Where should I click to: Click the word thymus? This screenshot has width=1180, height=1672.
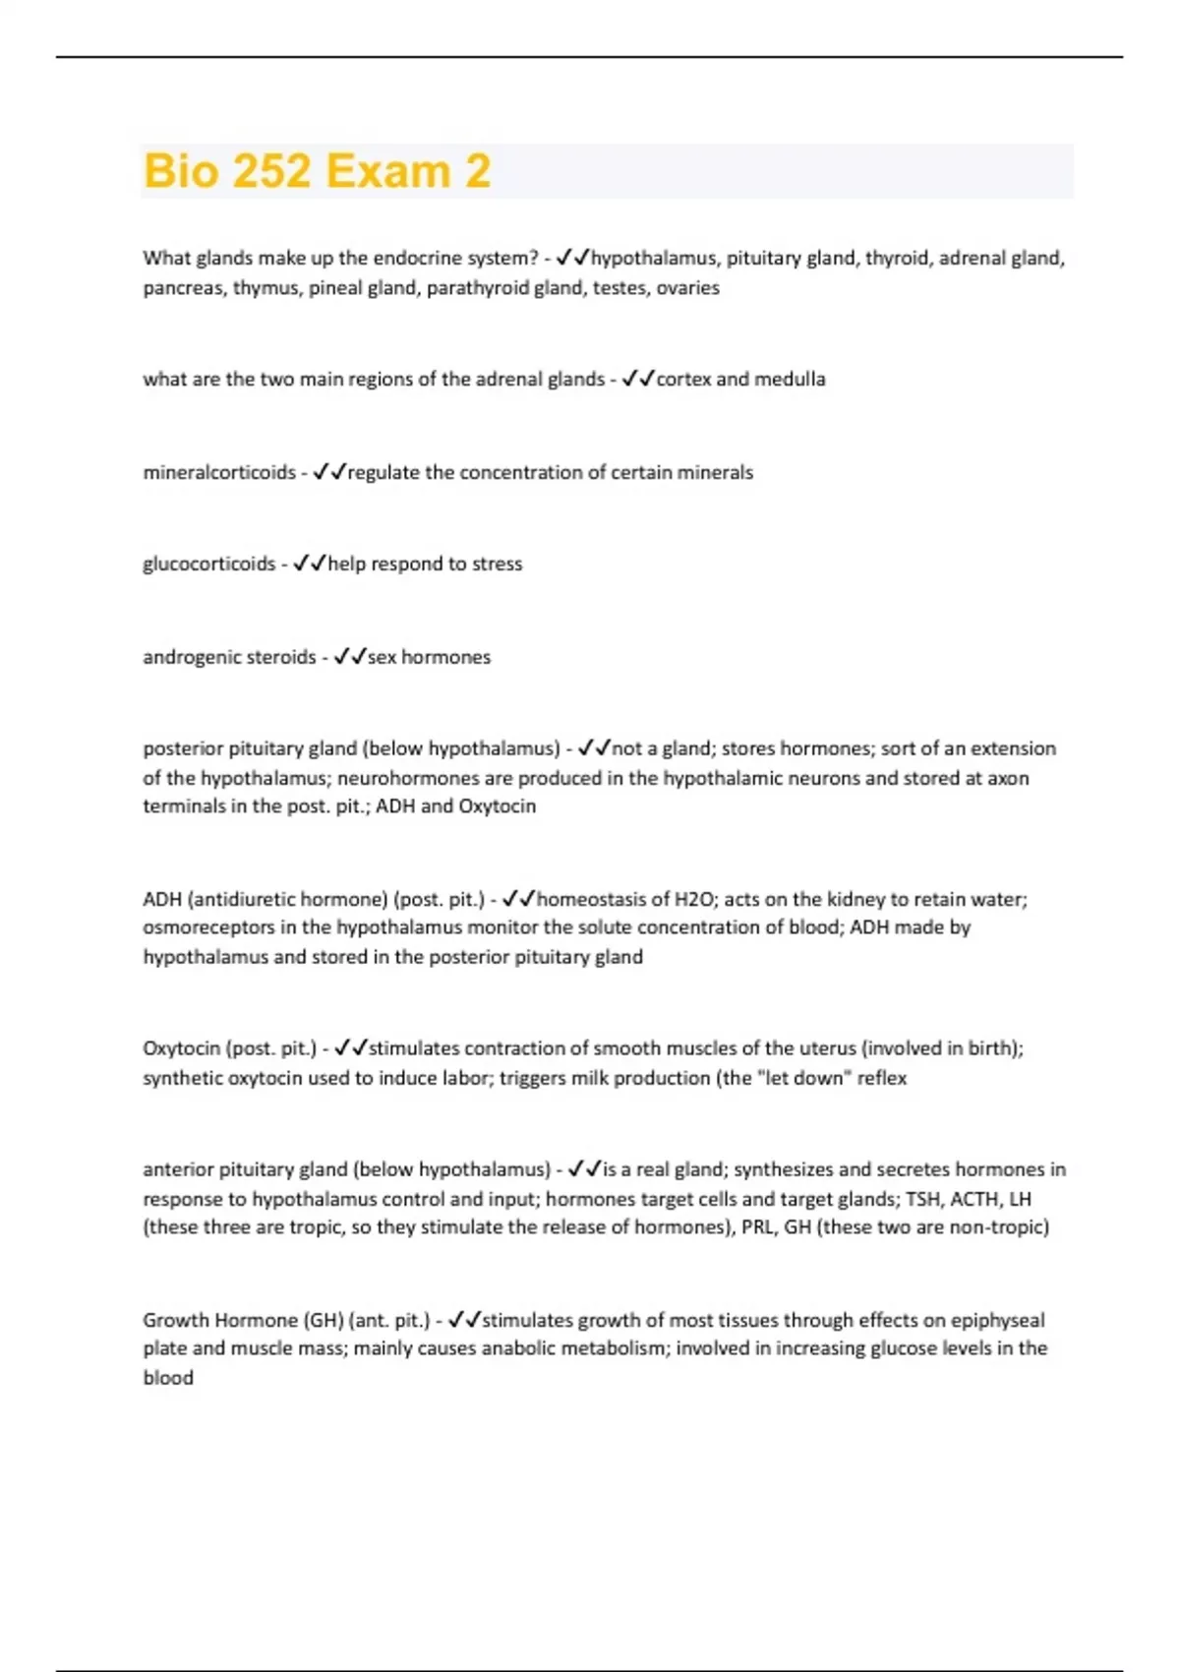tap(266, 288)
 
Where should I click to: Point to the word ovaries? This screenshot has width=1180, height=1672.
tap(687, 288)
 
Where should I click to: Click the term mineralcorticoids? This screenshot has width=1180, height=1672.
tap(219, 473)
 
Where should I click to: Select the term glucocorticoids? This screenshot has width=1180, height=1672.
tap(208, 565)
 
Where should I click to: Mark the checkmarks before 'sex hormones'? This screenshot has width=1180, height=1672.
tap(350, 657)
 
